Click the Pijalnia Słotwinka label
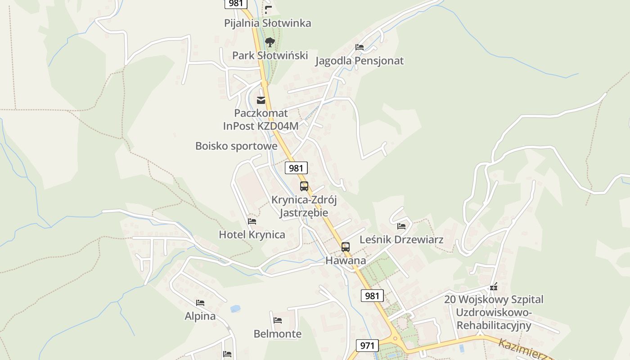[x=268, y=23]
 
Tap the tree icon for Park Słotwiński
[x=270, y=42]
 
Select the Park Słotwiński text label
[x=270, y=55]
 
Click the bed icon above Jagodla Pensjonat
[x=359, y=47]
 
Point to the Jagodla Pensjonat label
[x=359, y=61]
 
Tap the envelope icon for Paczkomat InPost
[x=261, y=100]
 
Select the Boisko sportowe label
[x=236, y=146]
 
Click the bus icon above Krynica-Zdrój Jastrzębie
[x=304, y=186]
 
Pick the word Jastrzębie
[x=304, y=213]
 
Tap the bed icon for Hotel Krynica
[x=252, y=221]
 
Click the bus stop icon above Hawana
[x=346, y=247]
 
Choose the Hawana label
[x=346, y=261]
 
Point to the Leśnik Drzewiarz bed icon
[x=401, y=226]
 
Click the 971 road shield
[x=367, y=346]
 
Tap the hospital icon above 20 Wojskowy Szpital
[x=494, y=287]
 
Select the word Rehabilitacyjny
[x=494, y=325]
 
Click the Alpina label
[x=200, y=316]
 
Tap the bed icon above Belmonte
[x=278, y=320]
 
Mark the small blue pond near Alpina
[x=235, y=309]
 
